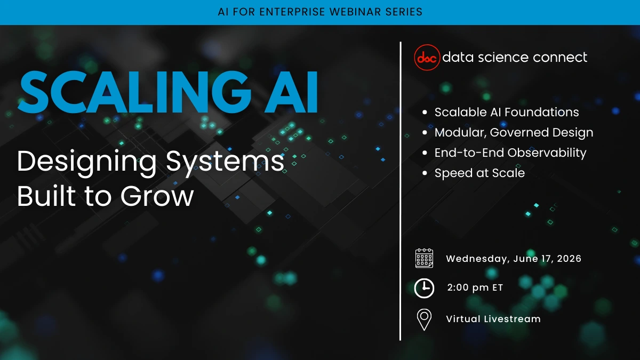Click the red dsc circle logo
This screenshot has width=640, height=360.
[x=427, y=58]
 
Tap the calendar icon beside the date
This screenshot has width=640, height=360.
[x=424, y=258]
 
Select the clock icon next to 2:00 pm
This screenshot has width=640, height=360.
[x=424, y=288]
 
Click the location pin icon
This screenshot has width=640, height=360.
[x=424, y=319]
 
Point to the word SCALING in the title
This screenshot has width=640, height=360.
[x=134, y=92]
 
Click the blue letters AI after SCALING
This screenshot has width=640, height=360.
[x=291, y=92]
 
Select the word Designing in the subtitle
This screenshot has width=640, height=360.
[x=86, y=162]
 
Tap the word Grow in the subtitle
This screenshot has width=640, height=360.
[x=157, y=196]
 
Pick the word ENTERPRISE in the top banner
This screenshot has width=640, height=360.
[x=292, y=12]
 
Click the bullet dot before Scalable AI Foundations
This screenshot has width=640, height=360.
[x=425, y=113]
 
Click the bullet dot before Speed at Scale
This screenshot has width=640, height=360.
[x=425, y=173]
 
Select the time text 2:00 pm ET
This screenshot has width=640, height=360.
[x=475, y=287]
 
